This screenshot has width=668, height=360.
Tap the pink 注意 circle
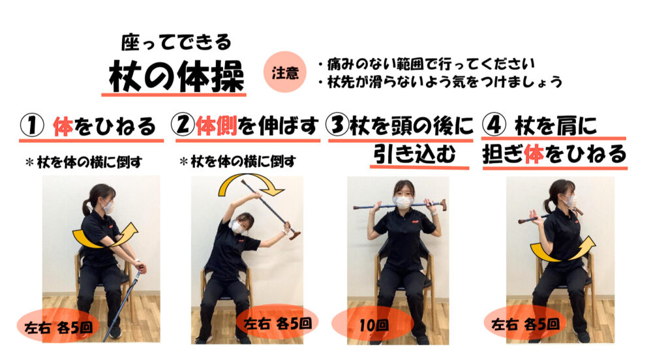[x=285, y=72]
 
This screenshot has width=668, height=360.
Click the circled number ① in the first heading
[x=33, y=126]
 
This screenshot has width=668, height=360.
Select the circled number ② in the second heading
[x=183, y=125]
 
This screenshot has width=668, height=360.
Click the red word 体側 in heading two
[x=216, y=126]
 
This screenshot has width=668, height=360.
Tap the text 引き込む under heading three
[x=415, y=153]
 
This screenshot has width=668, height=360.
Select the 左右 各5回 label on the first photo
[x=58, y=327]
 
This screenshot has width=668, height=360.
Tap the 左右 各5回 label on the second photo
[x=277, y=323]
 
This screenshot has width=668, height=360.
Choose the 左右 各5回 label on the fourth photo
[x=525, y=324]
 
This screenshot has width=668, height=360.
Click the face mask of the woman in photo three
[x=402, y=202]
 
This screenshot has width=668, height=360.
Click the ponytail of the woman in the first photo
[x=87, y=206]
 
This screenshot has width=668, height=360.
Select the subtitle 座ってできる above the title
[x=176, y=42]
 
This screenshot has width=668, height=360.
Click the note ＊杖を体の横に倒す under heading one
[x=84, y=162]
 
